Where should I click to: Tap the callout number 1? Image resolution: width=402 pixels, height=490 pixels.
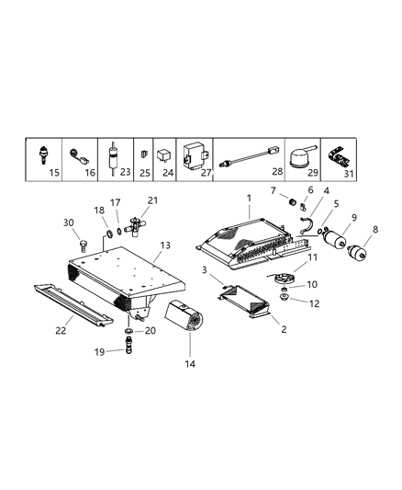point(247,199)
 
